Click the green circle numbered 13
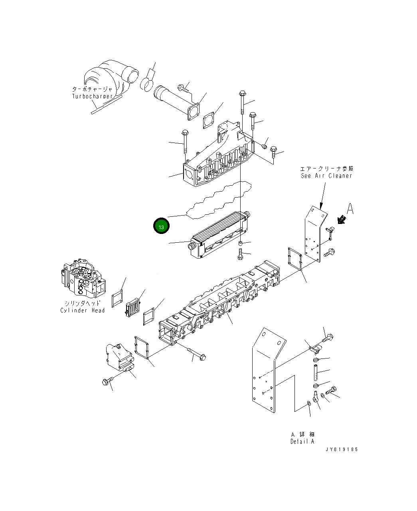point(161,226)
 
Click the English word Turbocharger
point(92,96)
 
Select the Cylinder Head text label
point(83,310)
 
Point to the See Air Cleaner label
point(327,176)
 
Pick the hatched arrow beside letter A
point(341,219)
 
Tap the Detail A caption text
point(302,441)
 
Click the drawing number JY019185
point(342,450)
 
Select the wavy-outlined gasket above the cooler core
point(219,200)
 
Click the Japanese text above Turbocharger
point(92,89)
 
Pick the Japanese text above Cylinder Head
point(82,303)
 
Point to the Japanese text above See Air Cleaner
point(327,168)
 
